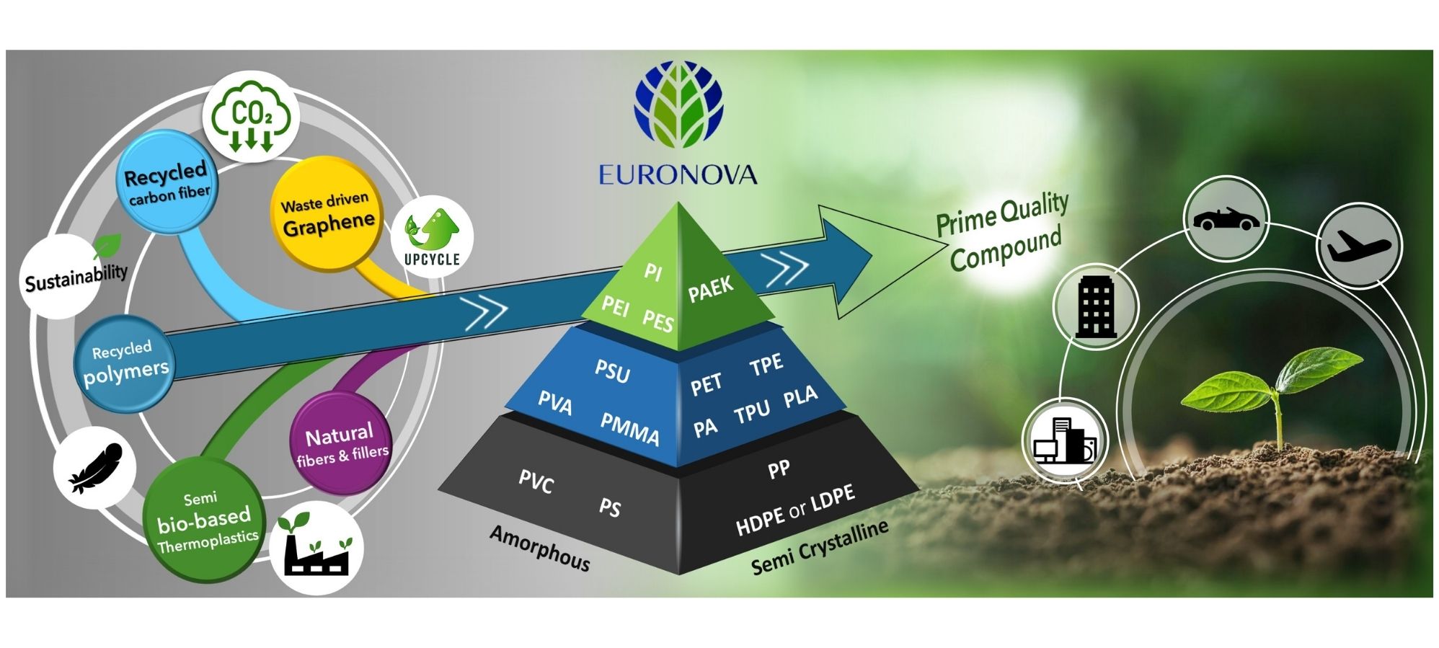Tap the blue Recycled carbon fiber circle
[167, 182]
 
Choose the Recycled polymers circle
[125, 364]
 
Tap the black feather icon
[95, 468]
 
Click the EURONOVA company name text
[678, 175]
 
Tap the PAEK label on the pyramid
[710, 289]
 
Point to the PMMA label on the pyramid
[629, 430]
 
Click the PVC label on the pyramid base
[536, 481]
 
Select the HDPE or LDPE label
[795, 510]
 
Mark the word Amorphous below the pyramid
[539, 548]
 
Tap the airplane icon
[1358, 246]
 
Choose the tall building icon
[1095, 308]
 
